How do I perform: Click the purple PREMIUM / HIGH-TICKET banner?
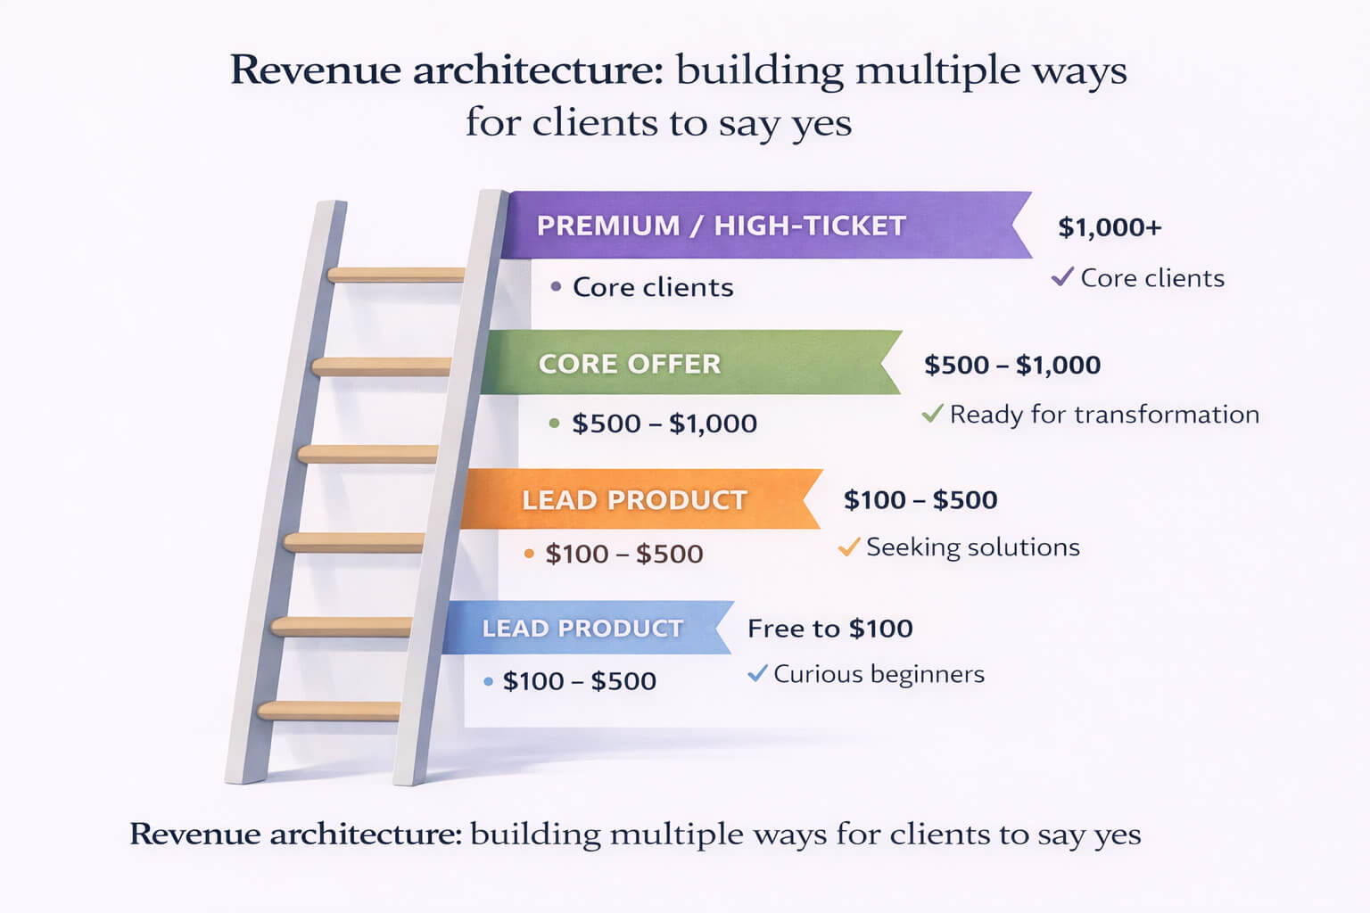tap(758, 226)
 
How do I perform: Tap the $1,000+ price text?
tap(1110, 227)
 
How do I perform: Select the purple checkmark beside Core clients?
tap(1061, 277)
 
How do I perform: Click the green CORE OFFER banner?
tap(687, 363)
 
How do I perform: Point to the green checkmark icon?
tap(932, 414)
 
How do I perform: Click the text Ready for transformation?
tap(1104, 414)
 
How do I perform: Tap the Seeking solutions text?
tap(972, 547)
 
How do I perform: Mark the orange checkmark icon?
tap(848, 547)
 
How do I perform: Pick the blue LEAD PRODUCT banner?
tap(584, 628)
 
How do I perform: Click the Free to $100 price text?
tap(829, 629)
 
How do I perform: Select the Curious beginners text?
tap(879, 674)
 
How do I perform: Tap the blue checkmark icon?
tap(757, 673)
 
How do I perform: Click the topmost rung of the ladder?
tap(397, 275)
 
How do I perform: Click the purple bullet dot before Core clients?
tap(556, 287)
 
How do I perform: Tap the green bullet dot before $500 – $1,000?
tap(554, 424)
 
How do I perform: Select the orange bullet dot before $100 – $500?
tap(529, 554)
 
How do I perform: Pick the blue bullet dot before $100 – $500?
tap(488, 681)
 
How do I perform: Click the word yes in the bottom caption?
tap(1118, 835)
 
